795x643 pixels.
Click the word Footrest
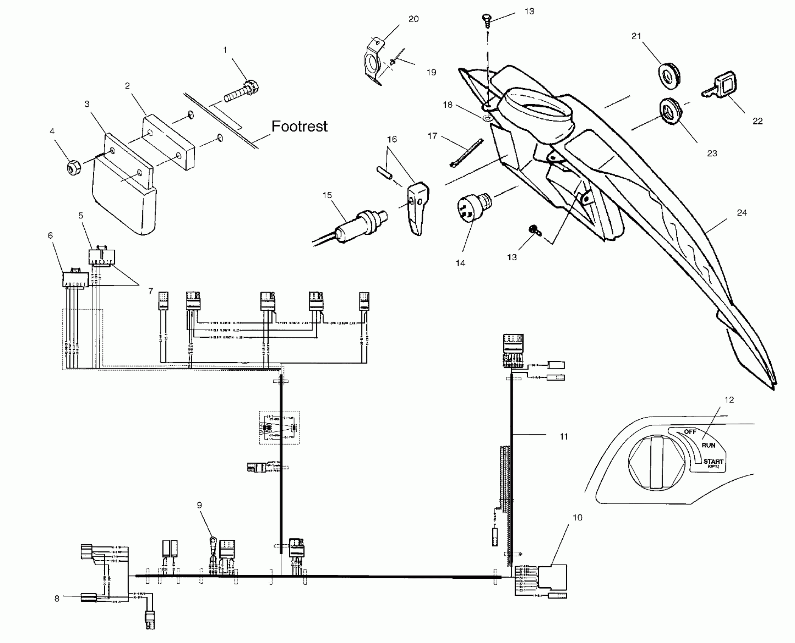coord(299,126)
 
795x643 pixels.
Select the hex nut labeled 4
coord(73,167)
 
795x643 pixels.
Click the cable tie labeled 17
coord(467,152)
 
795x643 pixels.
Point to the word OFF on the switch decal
coord(690,432)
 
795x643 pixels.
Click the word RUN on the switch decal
coord(708,445)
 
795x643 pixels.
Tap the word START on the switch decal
coord(713,461)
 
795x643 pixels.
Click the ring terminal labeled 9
coord(213,539)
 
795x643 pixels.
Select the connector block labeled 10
coord(552,577)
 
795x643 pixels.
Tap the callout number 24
coord(742,213)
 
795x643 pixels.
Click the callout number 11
coord(563,436)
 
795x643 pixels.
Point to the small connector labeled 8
coord(88,597)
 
